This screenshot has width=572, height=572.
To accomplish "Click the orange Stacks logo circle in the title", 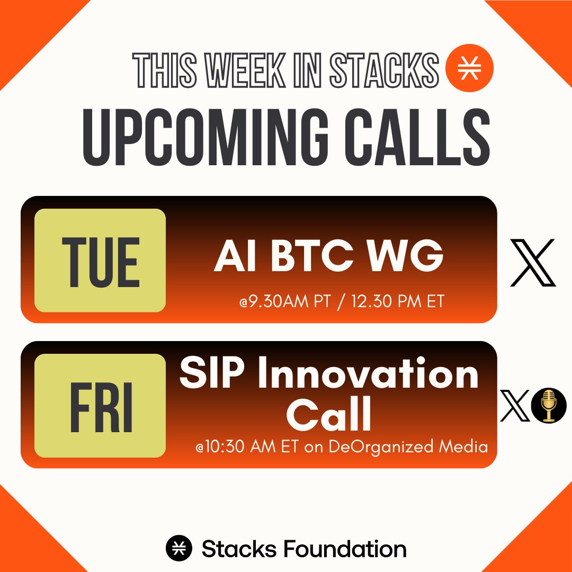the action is tap(469, 68).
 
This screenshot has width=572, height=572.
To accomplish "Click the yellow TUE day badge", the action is tap(100, 260).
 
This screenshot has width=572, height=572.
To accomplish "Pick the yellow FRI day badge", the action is tap(100, 405).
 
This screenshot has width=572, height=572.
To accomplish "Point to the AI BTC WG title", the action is tap(329, 256).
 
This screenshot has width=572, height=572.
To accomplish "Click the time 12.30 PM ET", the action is tap(398, 301).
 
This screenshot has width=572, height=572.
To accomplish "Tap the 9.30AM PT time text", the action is tap(285, 301).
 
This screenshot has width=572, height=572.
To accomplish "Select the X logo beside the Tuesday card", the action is tap(533, 263).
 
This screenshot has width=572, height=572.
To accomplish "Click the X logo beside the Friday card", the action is tap(515, 405).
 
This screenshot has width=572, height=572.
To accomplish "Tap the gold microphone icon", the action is tap(549, 405).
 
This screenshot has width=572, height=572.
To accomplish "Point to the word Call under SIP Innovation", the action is tap(329, 414).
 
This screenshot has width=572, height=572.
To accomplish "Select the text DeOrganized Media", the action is tap(408, 447).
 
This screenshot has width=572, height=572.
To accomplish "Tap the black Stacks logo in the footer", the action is tap(179, 548).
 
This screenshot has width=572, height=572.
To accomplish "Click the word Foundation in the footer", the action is tap(345, 549).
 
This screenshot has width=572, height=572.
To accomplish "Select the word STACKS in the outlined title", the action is tap(384, 70).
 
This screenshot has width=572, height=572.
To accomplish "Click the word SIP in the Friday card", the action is tap(212, 373).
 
